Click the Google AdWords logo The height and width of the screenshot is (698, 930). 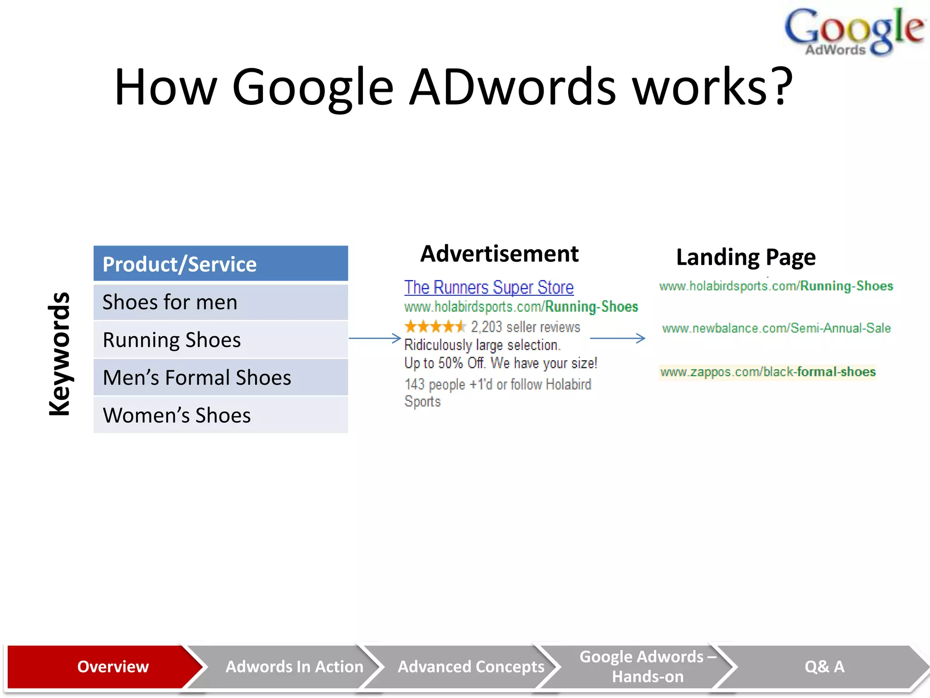tap(854, 32)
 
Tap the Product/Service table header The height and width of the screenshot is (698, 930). tap(221, 264)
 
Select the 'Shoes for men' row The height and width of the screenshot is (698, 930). tap(221, 302)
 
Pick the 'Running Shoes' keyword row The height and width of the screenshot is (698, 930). tap(221, 340)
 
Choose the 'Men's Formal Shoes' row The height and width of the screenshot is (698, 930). tap(221, 378)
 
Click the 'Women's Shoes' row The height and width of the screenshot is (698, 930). tap(221, 415)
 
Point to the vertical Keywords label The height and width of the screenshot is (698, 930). tap(59, 354)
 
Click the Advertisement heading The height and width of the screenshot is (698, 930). tap(500, 254)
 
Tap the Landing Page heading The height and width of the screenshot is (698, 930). tap(746, 257)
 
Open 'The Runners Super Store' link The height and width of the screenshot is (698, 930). tap(489, 287)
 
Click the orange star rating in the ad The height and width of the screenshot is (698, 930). tap(435, 327)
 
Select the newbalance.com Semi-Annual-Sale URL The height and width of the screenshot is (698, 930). tap(776, 328)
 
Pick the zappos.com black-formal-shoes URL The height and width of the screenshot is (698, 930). tap(767, 372)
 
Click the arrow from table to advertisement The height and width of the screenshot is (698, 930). tap(375, 338)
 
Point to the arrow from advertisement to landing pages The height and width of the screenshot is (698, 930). tap(618, 338)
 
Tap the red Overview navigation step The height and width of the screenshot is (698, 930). tap(104, 667)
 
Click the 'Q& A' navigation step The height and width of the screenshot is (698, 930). tap(824, 667)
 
